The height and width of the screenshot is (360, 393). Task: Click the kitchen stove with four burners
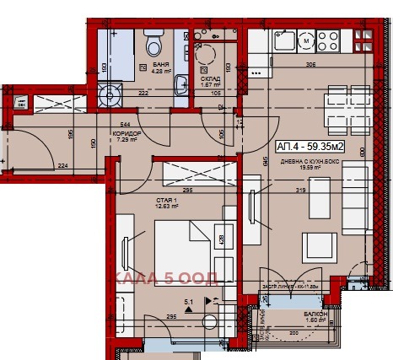tap(327, 39)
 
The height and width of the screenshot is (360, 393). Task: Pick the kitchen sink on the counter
tap(282, 39)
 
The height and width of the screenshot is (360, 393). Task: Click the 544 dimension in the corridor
tap(127, 124)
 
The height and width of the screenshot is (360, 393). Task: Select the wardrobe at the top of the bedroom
tap(192, 174)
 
